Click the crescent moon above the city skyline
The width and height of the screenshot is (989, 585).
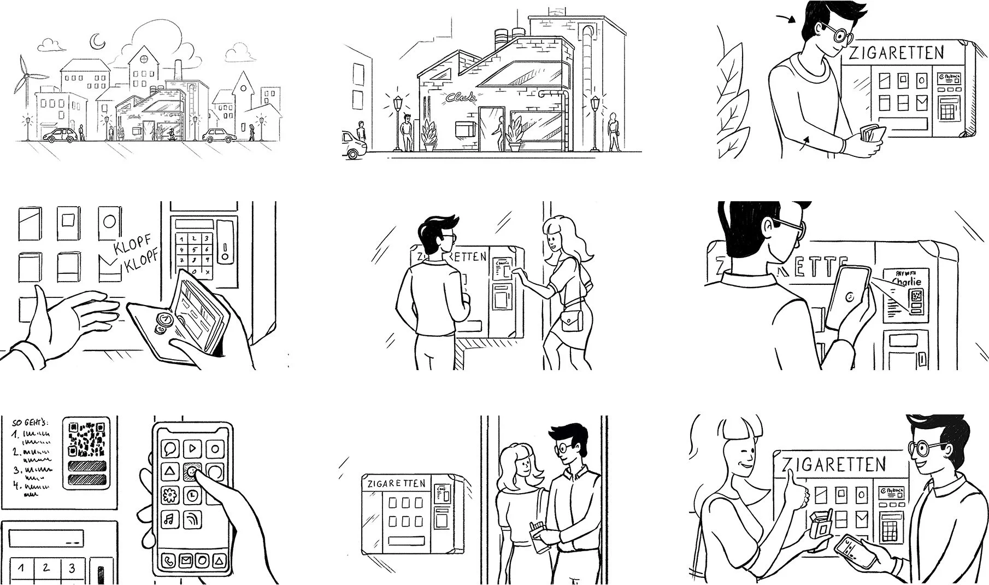(97, 40)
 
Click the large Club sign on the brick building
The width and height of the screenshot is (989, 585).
(460, 98)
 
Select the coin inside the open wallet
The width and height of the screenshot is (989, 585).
(164, 320)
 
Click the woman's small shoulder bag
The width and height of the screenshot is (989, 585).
(572, 321)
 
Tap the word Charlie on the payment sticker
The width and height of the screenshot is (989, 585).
(906, 282)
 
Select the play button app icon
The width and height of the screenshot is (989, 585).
(192, 449)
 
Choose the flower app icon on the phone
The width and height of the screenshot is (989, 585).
(169, 495)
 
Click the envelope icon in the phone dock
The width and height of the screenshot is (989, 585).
(186, 560)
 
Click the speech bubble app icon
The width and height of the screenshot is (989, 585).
(169, 449)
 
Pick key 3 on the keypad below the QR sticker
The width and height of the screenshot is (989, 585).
(72, 568)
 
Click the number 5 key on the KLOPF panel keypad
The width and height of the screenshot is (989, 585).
(193, 249)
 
